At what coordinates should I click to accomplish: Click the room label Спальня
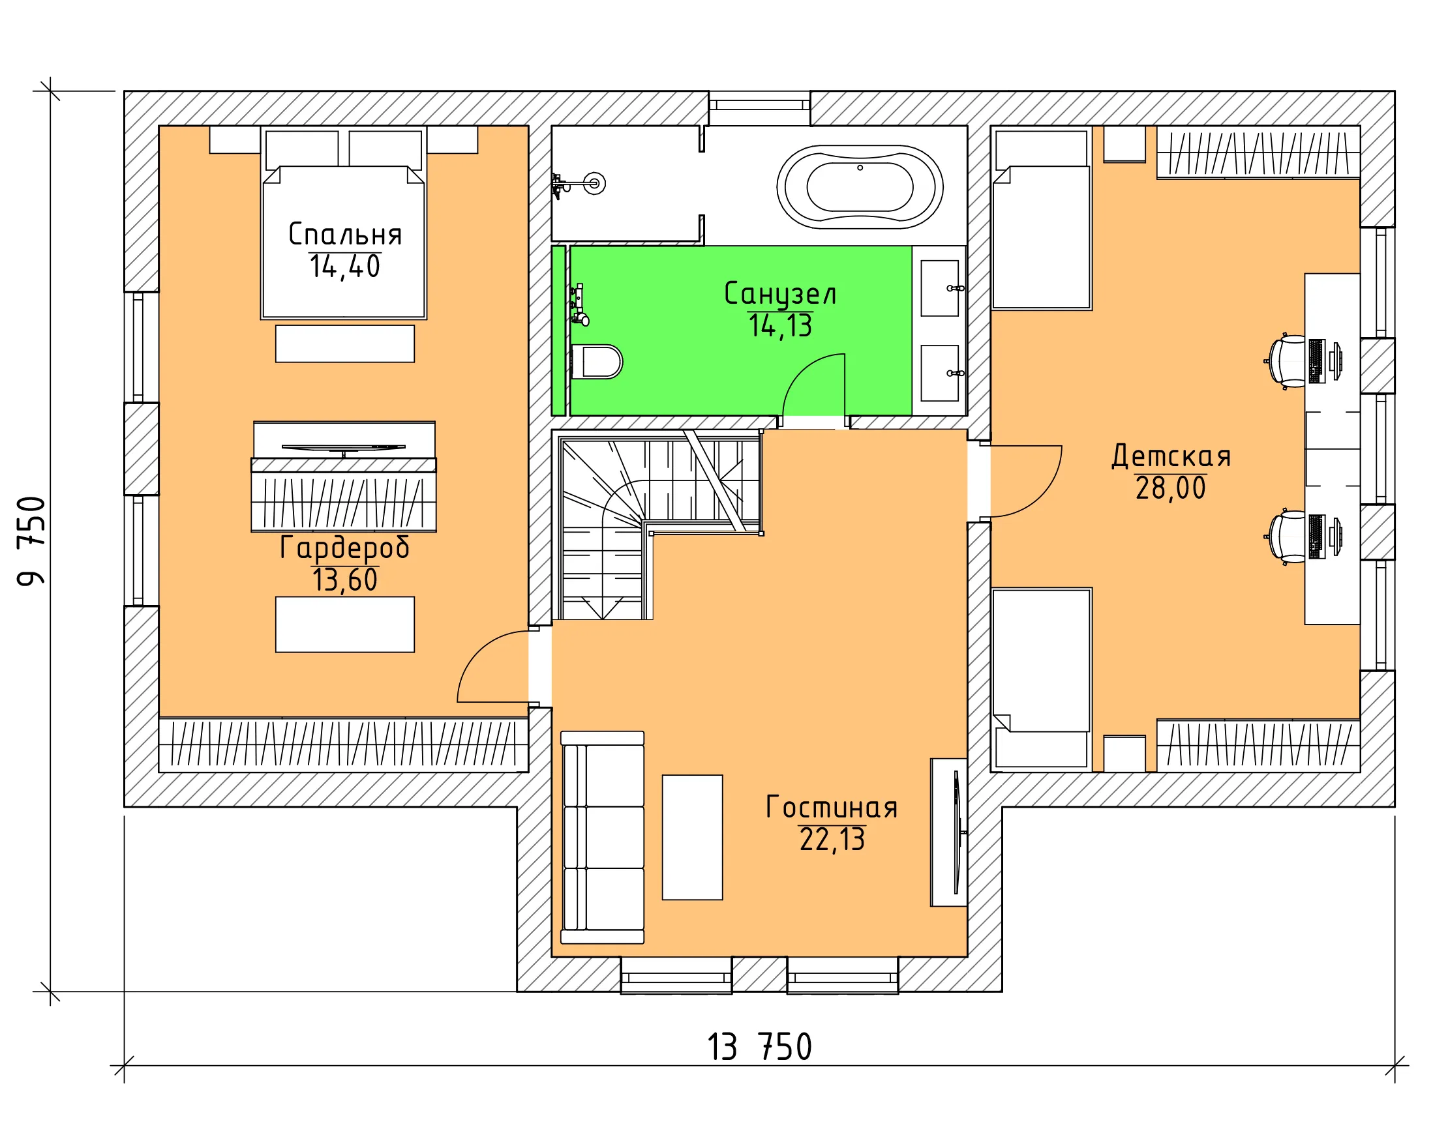[x=345, y=235]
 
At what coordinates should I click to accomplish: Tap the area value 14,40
[x=345, y=267]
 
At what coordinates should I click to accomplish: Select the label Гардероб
[x=344, y=548]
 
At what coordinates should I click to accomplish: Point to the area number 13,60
[x=345, y=580]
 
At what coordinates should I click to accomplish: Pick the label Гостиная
[x=832, y=808]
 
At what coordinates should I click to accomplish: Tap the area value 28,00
[x=1170, y=488]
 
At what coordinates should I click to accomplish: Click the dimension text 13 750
[x=759, y=1048]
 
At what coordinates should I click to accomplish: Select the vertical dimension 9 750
[x=31, y=541]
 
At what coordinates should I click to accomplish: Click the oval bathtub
[x=860, y=186]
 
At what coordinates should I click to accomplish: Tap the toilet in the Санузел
[x=596, y=361]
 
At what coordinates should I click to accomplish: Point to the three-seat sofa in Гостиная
[x=602, y=837]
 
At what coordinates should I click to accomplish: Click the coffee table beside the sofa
[x=692, y=837]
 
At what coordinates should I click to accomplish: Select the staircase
[x=657, y=525]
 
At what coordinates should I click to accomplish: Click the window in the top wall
[x=759, y=108]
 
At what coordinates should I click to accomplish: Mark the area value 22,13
[x=832, y=840]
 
